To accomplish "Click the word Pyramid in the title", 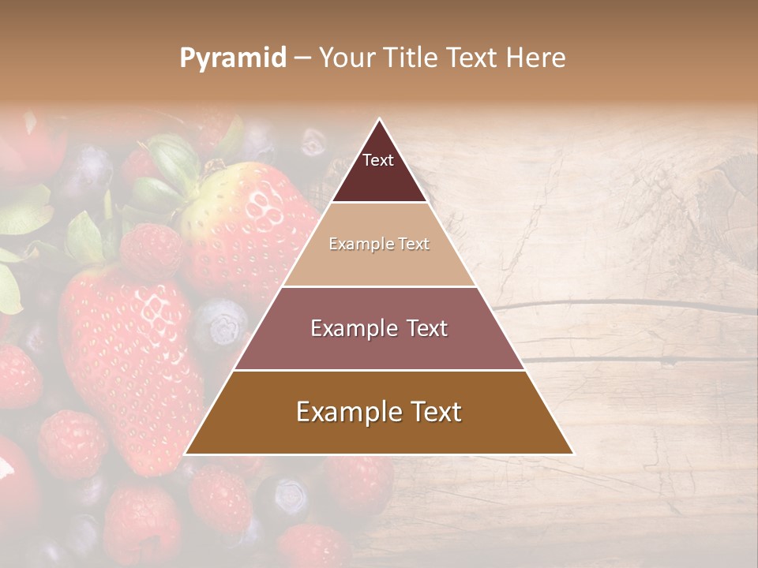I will [233, 58].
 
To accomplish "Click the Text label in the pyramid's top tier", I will [378, 160].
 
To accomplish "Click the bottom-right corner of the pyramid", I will [573, 454].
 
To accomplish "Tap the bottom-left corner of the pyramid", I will [185, 454].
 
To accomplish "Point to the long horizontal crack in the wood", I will [624, 305].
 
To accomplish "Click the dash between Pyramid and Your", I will [302, 58].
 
